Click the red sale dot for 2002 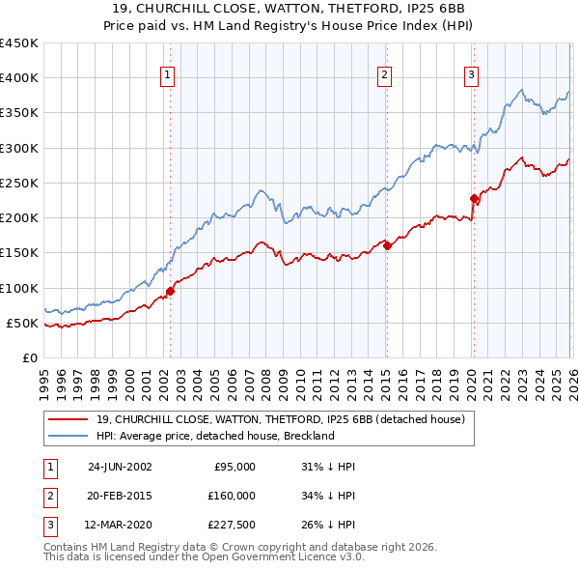tap(171, 290)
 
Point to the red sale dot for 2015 tap(386, 245)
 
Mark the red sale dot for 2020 tap(474, 199)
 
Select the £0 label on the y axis tap(29, 357)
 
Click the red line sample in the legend tap(69, 420)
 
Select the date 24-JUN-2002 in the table tap(120, 466)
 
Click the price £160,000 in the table tap(232, 496)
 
